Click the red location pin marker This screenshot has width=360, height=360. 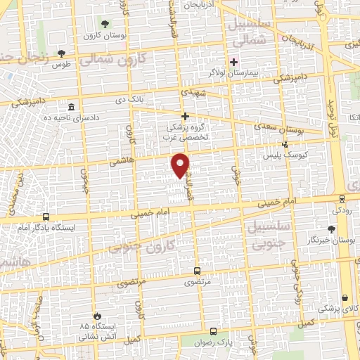click(x=181, y=165)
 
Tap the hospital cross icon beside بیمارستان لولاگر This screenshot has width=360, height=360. click(x=234, y=62)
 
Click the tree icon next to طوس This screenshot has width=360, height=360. click(x=62, y=53)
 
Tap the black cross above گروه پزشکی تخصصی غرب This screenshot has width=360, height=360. click(x=186, y=116)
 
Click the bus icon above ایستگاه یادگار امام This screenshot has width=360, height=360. click(x=46, y=217)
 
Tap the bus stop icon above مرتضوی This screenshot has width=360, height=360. click(x=197, y=271)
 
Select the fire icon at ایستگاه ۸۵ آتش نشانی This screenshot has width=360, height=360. click(x=97, y=316)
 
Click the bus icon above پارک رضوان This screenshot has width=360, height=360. click(x=213, y=330)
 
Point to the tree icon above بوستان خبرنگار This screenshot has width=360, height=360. click(x=332, y=229)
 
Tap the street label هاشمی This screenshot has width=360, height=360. click(x=120, y=162)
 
